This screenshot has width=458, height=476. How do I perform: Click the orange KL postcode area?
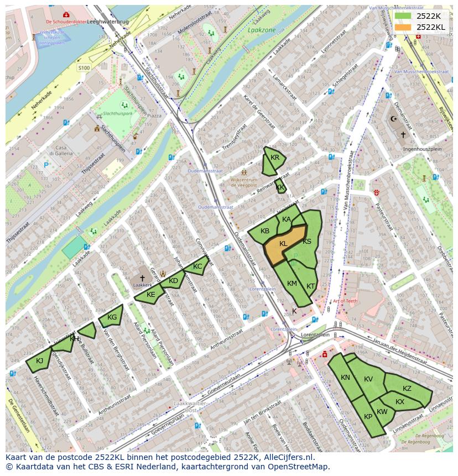[283, 244]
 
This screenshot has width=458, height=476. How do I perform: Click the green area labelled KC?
[197, 266]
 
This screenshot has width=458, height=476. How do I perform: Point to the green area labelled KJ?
[39, 362]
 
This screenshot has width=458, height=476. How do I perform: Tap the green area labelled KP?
[368, 417]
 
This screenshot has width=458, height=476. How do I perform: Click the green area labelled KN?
[346, 378]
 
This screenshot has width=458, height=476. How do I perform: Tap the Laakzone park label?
[262, 30]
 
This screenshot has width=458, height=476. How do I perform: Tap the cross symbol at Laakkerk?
[142, 278]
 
